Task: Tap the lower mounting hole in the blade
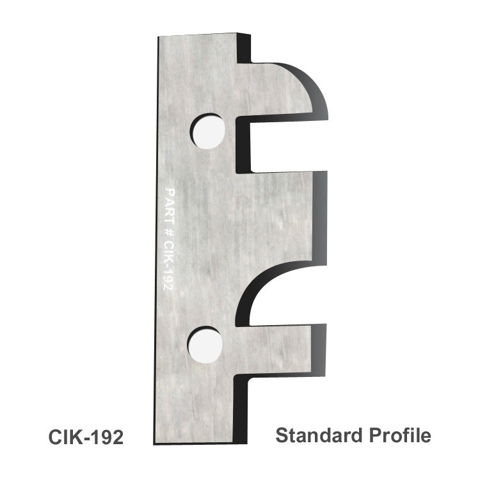[x=205, y=342]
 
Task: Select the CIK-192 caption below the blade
[x=86, y=436]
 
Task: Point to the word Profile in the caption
[x=399, y=436]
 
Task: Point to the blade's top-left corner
[x=159, y=38]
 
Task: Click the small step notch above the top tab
[x=246, y=54]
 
